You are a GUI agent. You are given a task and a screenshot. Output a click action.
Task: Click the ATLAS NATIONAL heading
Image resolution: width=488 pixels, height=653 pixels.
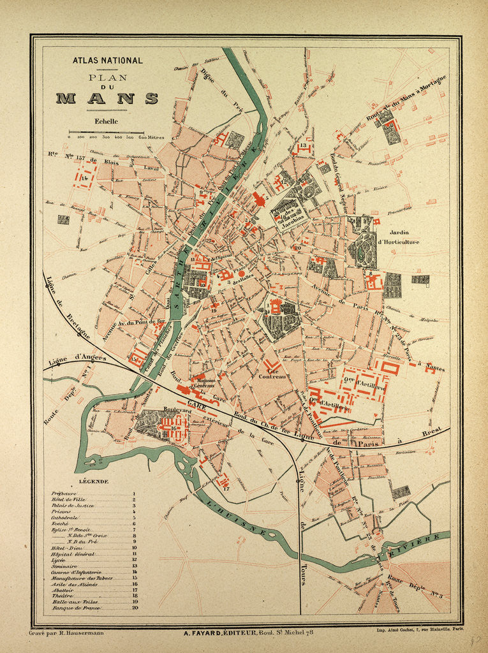tap(107, 61)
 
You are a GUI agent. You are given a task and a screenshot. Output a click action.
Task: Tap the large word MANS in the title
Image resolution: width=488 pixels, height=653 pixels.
tap(107, 98)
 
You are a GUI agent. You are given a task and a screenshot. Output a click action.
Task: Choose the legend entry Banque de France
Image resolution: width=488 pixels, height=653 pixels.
tap(75, 608)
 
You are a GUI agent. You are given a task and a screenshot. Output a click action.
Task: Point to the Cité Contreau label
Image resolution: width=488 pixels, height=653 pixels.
tap(272, 372)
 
